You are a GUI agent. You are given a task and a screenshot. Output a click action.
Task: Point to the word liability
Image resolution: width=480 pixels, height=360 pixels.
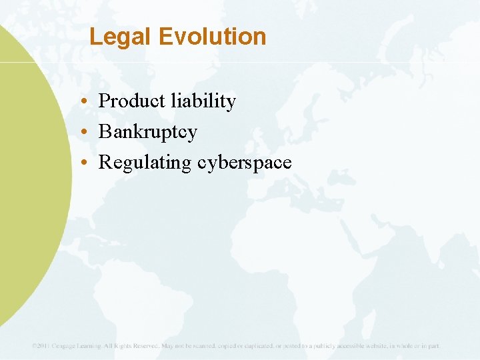pyautogui.click(x=203, y=101)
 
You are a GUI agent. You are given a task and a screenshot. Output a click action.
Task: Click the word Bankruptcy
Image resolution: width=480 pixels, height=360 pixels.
pyautogui.click(x=148, y=132)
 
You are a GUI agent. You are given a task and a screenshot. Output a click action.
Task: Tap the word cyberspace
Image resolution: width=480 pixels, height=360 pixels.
pyautogui.click(x=245, y=163)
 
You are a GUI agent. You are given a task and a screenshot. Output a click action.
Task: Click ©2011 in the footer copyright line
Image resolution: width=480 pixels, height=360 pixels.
pyautogui.click(x=41, y=346)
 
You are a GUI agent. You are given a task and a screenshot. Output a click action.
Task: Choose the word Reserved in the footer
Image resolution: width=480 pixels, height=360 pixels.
pyautogui.click(x=143, y=346)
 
